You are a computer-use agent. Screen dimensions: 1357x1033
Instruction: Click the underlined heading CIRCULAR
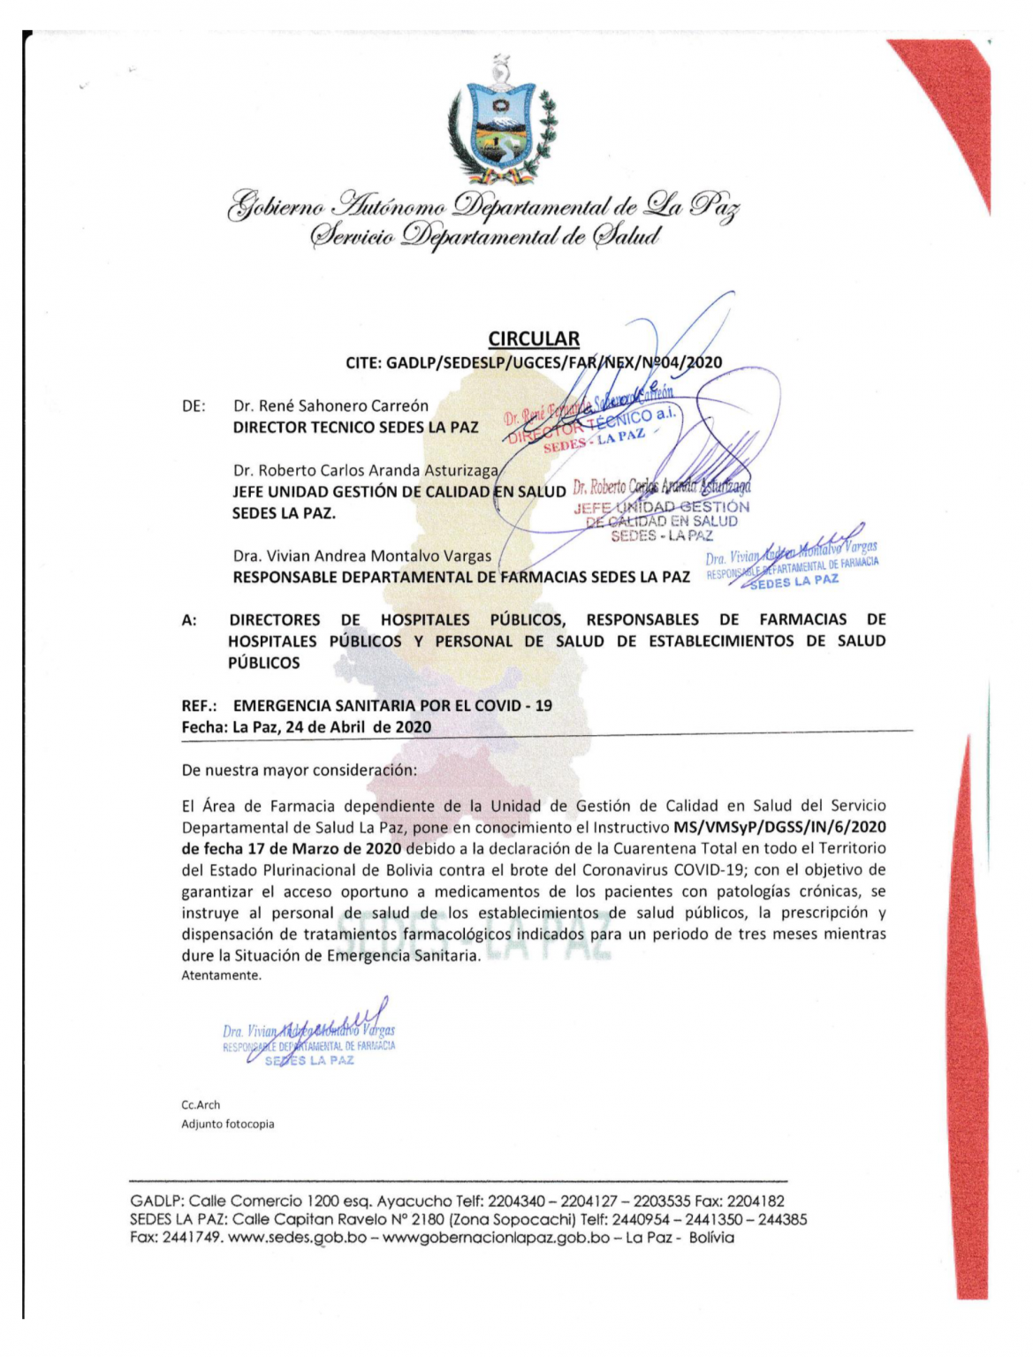(534, 338)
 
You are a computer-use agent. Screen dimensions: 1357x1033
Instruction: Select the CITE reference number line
(534, 362)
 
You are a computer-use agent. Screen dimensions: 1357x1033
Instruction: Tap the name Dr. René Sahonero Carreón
(330, 406)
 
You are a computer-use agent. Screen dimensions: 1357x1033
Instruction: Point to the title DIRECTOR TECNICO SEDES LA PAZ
(355, 428)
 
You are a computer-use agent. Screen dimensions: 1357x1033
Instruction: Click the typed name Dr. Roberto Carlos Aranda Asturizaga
(366, 471)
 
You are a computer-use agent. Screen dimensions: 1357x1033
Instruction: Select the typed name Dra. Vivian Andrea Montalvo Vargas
(362, 557)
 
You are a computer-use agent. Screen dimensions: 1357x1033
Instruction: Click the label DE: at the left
(194, 406)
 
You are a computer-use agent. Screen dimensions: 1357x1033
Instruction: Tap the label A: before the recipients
(189, 620)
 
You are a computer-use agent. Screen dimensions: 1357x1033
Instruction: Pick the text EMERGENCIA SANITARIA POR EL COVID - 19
(392, 706)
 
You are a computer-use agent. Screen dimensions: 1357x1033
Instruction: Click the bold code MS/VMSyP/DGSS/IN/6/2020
(779, 828)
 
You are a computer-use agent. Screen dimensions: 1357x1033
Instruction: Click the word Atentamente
(221, 976)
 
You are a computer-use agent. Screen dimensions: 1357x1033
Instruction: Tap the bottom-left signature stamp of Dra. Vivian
(309, 1038)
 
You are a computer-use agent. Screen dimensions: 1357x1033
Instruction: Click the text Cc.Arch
(201, 1105)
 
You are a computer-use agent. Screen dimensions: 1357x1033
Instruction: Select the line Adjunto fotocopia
(228, 1125)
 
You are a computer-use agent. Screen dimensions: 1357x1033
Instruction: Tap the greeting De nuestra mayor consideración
(299, 770)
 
